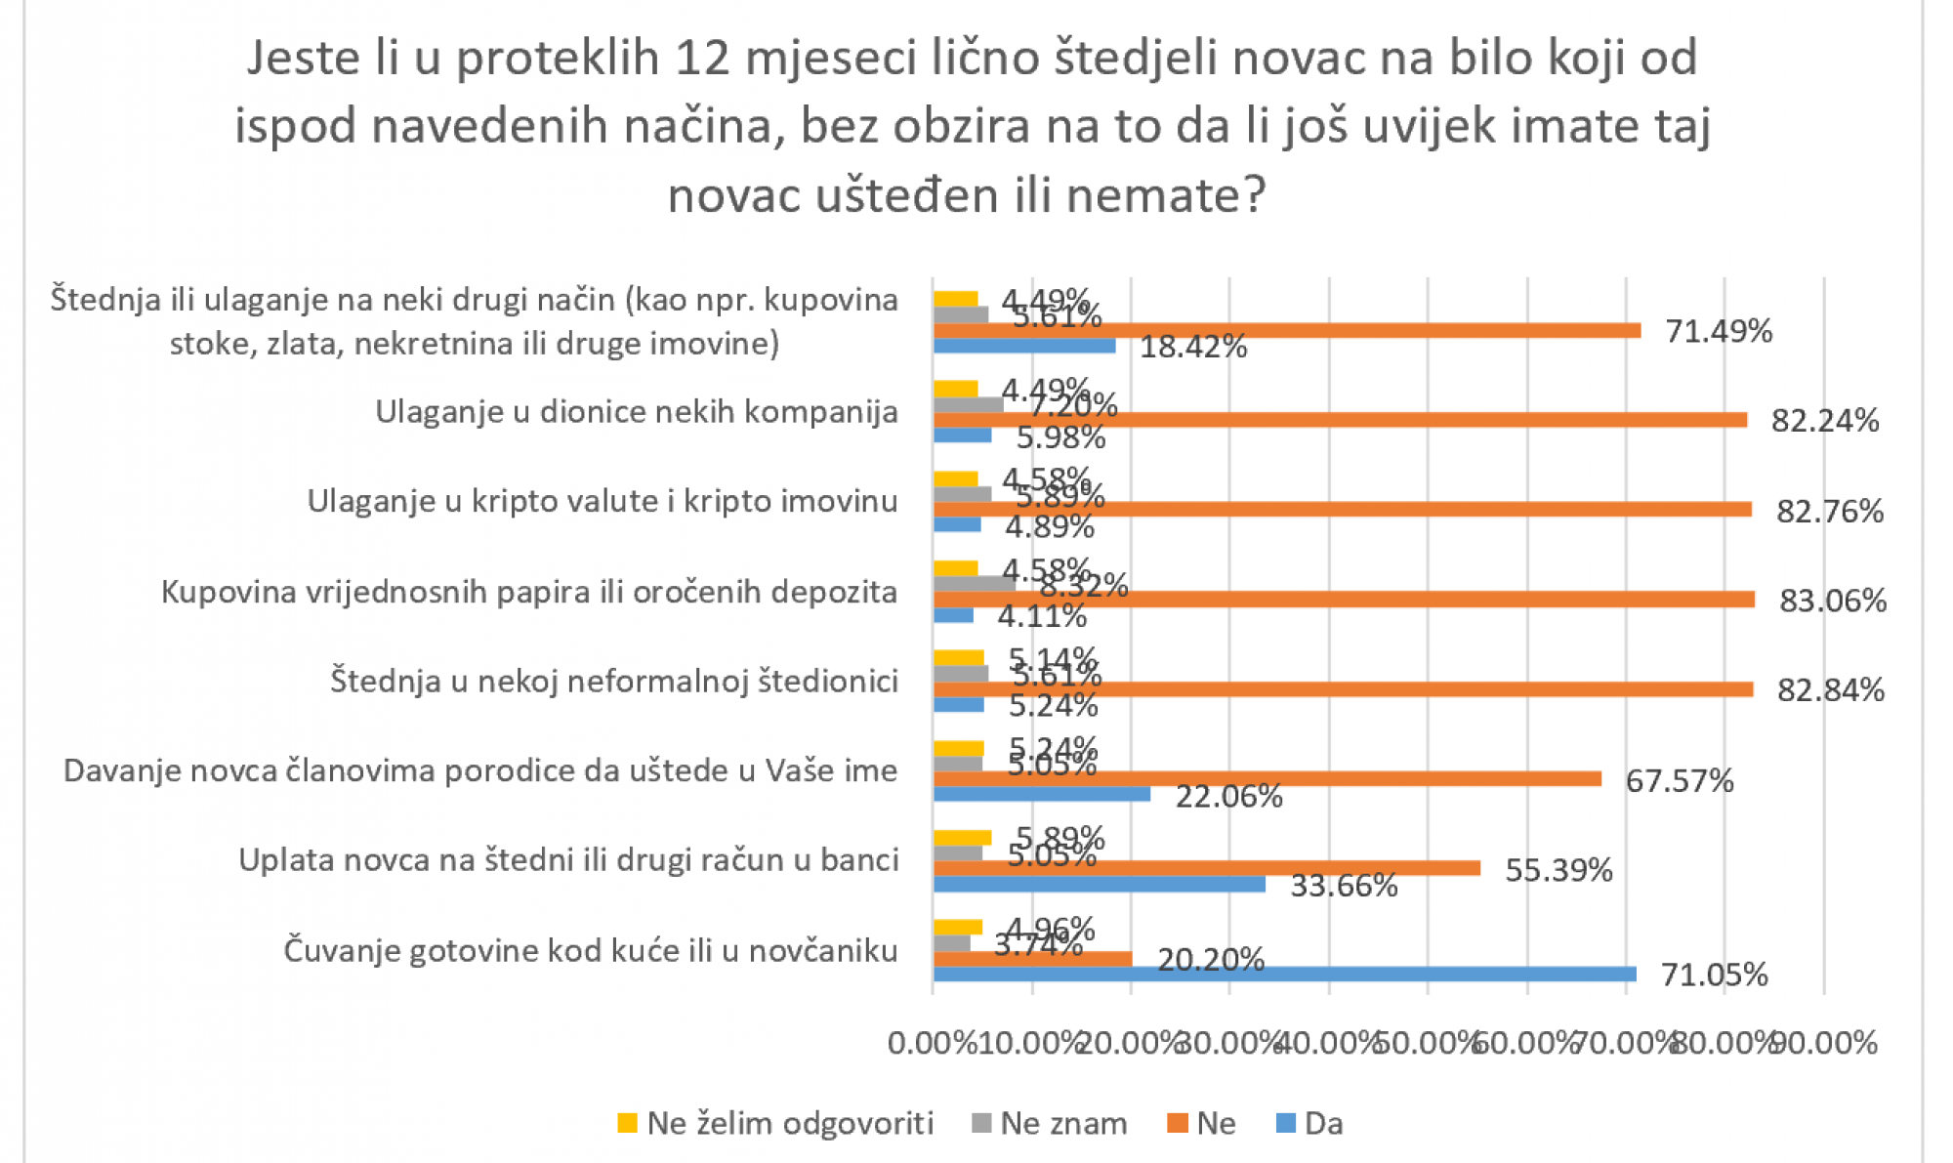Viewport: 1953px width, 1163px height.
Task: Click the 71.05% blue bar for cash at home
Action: (x=1284, y=974)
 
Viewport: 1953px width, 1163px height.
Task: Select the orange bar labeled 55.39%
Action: (x=1206, y=868)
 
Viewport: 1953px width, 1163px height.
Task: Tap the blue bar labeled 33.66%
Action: (x=1099, y=884)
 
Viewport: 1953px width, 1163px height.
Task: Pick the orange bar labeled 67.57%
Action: (x=1267, y=778)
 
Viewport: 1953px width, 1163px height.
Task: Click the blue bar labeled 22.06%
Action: (x=1041, y=794)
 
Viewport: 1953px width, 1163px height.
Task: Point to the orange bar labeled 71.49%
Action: (x=1286, y=330)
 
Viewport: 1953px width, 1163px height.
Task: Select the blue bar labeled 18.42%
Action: (x=1023, y=346)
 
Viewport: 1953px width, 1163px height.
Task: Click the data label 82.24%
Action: (x=1824, y=421)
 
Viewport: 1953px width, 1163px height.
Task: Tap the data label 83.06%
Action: (x=1832, y=601)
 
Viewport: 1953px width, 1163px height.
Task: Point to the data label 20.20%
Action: (x=1210, y=960)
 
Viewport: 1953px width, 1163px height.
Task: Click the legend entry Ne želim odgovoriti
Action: (x=789, y=1123)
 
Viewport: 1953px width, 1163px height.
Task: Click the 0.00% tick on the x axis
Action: (x=932, y=1043)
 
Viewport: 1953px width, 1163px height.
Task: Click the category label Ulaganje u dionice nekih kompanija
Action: (x=637, y=412)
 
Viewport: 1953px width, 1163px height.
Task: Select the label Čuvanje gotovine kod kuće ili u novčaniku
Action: (x=590, y=950)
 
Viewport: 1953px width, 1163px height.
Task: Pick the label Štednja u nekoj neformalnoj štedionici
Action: (x=613, y=681)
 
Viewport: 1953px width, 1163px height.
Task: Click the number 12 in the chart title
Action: (x=702, y=59)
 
